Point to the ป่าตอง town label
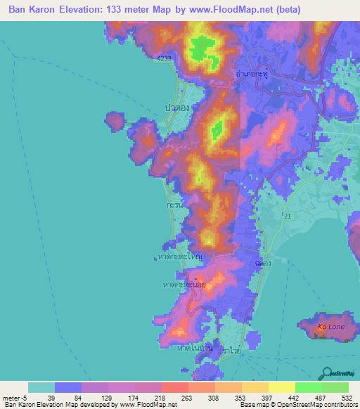[179, 108]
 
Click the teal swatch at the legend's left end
[41, 387]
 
